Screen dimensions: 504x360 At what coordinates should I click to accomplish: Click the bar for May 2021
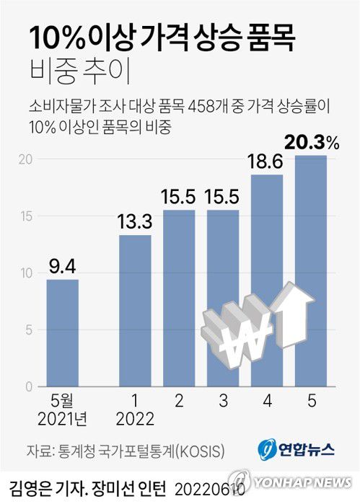[x=63, y=333]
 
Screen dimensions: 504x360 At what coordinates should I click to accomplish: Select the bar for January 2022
[x=135, y=311]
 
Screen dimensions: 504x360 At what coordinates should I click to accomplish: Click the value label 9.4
[x=62, y=267]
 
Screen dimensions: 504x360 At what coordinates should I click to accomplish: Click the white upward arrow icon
[x=296, y=317]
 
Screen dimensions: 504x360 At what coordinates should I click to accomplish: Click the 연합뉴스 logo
[x=297, y=449]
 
